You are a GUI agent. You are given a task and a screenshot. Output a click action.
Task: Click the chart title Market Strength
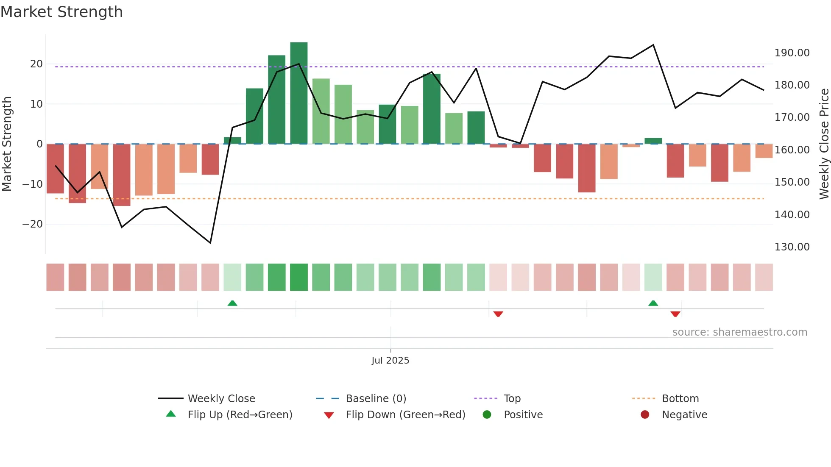[61, 12]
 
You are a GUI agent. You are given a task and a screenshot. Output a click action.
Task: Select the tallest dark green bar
[299, 93]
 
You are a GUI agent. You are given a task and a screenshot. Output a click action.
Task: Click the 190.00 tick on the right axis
[792, 53]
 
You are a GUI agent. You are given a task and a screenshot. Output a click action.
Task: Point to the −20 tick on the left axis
[33, 224]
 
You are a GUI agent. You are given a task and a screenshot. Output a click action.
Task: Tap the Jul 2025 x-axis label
[390, 361]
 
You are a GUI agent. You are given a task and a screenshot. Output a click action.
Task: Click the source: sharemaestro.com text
[739, 332]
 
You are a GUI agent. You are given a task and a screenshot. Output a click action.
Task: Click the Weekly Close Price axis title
[824, 144]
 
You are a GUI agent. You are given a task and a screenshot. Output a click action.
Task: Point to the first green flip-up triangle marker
[232, 303]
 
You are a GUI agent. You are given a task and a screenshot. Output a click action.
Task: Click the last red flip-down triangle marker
[675, 314]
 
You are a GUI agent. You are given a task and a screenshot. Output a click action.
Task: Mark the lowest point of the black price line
[210, 243]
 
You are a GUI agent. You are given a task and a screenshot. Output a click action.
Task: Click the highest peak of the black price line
[653, 45]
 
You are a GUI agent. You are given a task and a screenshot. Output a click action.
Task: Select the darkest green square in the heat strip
[299, 277]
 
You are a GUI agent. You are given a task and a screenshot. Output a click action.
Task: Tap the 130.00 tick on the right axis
[792, 247]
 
